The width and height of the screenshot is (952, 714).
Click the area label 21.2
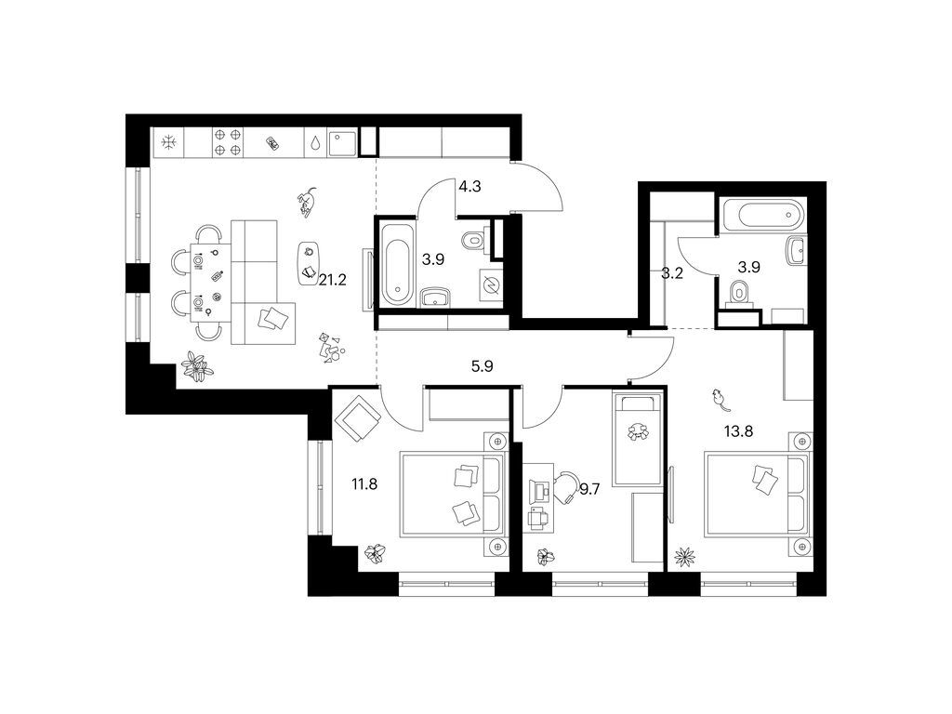pyautogui.click(x=332, y=279)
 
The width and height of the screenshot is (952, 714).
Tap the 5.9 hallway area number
pyautogui.click(x=481, y=366)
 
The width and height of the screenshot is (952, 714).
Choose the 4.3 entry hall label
pyautogui.click(x=469, y=186)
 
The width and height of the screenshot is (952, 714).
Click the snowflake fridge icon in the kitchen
pyautogui.click(x=168, y=142)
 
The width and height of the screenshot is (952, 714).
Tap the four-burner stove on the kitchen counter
pyautogui.click(x=228, y=142)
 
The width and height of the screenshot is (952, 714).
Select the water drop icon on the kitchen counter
pyautogui.click(x=316, y=143)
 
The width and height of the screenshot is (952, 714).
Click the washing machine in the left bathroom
pyautogui.click(x=489, y=286)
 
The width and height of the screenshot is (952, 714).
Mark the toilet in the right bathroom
pyautogui.click(x=741, y=295)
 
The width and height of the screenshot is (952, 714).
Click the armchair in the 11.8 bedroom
pyautogui.click(x=357, y=419)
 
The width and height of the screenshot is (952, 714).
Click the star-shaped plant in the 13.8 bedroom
pyautogui.click(x=685, y=557)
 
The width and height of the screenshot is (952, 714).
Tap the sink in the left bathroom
pyautogui.click(x=434, y=297)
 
